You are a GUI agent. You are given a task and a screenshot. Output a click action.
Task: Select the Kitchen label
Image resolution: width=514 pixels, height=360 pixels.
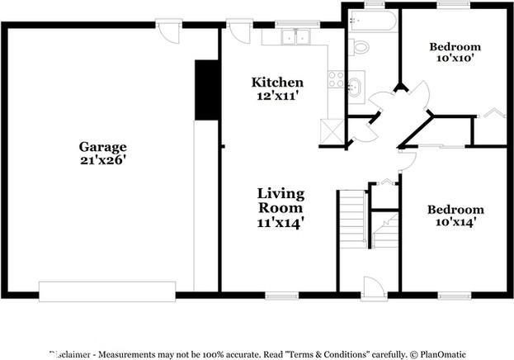pos(277,83)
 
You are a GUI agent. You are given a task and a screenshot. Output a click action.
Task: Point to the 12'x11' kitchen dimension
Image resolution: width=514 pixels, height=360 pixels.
pos(277,96)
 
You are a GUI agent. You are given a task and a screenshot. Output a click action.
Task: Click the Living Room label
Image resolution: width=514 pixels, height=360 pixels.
pos(280,201)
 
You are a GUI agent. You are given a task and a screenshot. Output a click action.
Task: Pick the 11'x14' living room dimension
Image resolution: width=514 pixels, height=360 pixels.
pos(280,222)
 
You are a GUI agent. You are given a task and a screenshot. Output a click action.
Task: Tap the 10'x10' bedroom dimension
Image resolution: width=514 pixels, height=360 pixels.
pos(455,59)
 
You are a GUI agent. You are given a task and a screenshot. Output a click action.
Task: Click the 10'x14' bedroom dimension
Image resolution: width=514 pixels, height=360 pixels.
pos(455,222)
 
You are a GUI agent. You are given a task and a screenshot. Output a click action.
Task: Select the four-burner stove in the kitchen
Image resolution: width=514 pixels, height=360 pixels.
pos(336,79)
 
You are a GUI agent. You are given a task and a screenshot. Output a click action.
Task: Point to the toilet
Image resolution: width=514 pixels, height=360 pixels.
pos(361,45)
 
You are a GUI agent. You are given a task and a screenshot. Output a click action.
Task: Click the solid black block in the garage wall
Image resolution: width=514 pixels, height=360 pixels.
pos(206,88)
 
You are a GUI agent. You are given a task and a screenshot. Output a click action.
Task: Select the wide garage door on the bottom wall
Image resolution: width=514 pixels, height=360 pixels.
pos(107,291)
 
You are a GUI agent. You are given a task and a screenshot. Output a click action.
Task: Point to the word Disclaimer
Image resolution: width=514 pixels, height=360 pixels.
pos(70,353)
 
